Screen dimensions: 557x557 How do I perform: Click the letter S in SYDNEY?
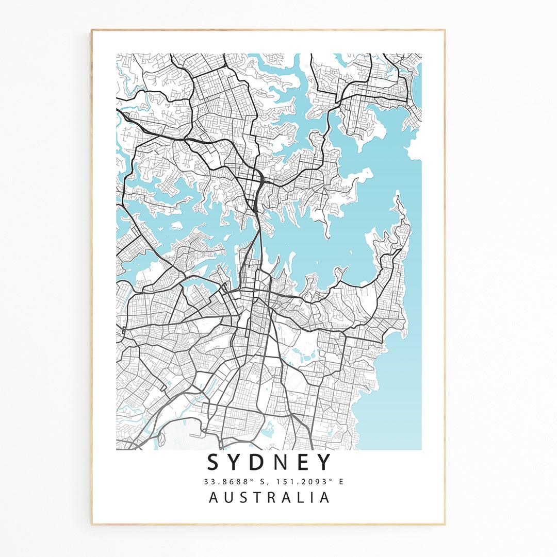tap(214, 462)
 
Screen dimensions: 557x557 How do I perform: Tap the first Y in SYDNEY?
tap(238, 462)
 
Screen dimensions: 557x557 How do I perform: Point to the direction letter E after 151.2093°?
tap(340, 482)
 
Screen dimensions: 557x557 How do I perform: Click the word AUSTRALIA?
tap(269, 498)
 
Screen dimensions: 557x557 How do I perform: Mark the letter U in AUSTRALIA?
tap(229, 498)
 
